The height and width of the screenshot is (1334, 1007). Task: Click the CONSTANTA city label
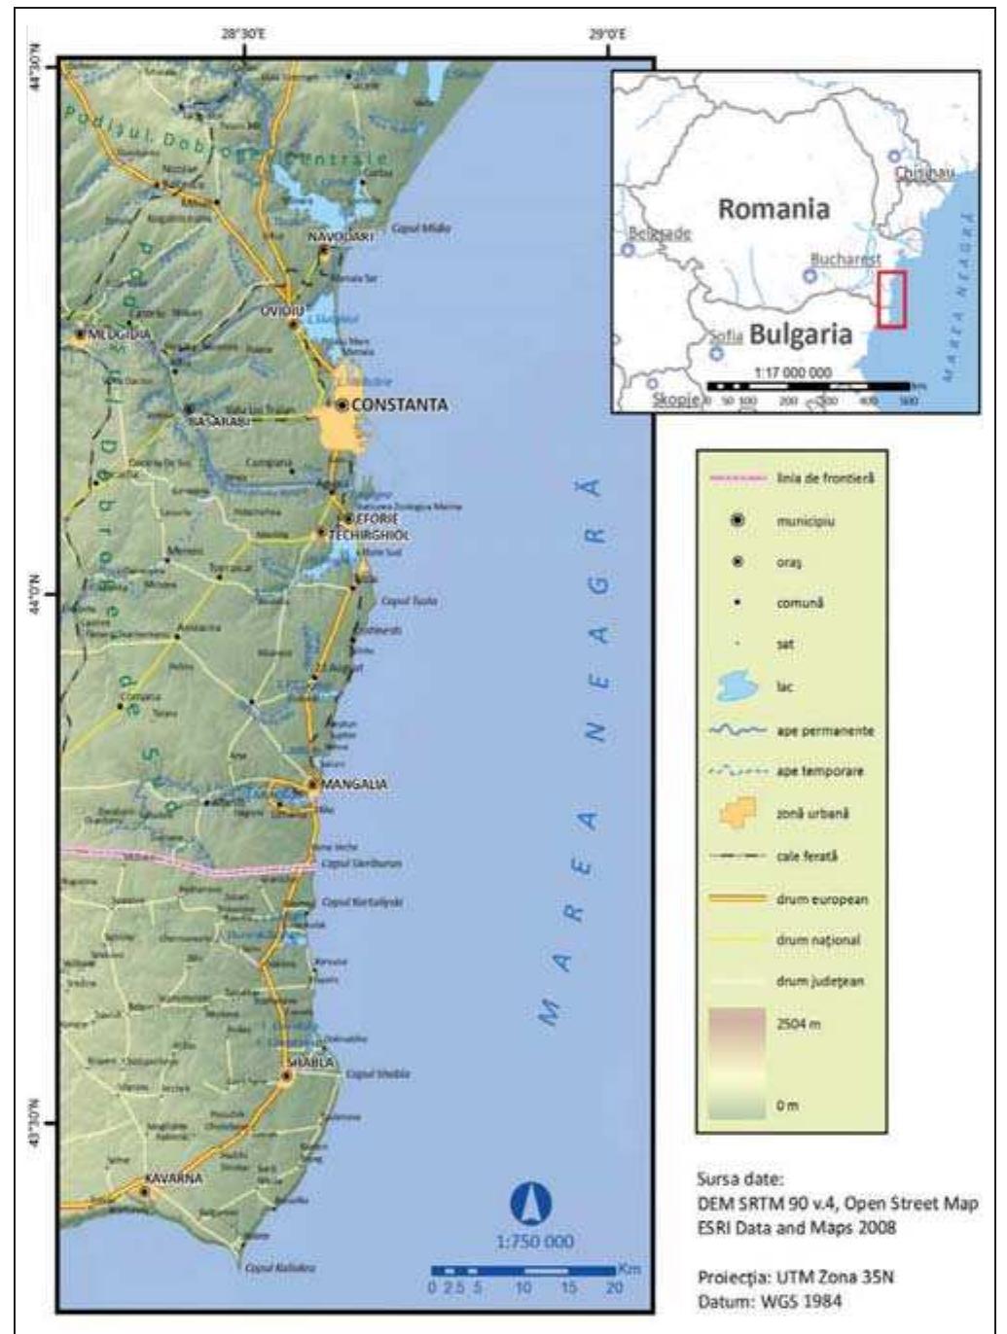click(x=399, y=404)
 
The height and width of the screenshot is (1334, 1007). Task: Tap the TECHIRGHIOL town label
click(x=369, y=535)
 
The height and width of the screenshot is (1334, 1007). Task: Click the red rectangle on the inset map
click(x=890, y=299)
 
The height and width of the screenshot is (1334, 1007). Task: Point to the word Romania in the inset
click(x=773, y=208)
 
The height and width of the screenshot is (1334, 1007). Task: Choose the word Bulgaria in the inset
click(x=801, y=333)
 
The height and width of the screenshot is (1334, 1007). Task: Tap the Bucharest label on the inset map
click(x=845, y=260)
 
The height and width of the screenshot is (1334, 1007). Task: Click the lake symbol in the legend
click(x=737, y=687)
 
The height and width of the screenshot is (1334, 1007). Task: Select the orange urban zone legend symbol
click(x=737, y=813)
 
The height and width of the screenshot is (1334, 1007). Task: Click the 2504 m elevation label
click(x=798, y=1024)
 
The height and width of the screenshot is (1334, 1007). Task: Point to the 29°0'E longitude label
click(x=607, y=35)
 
